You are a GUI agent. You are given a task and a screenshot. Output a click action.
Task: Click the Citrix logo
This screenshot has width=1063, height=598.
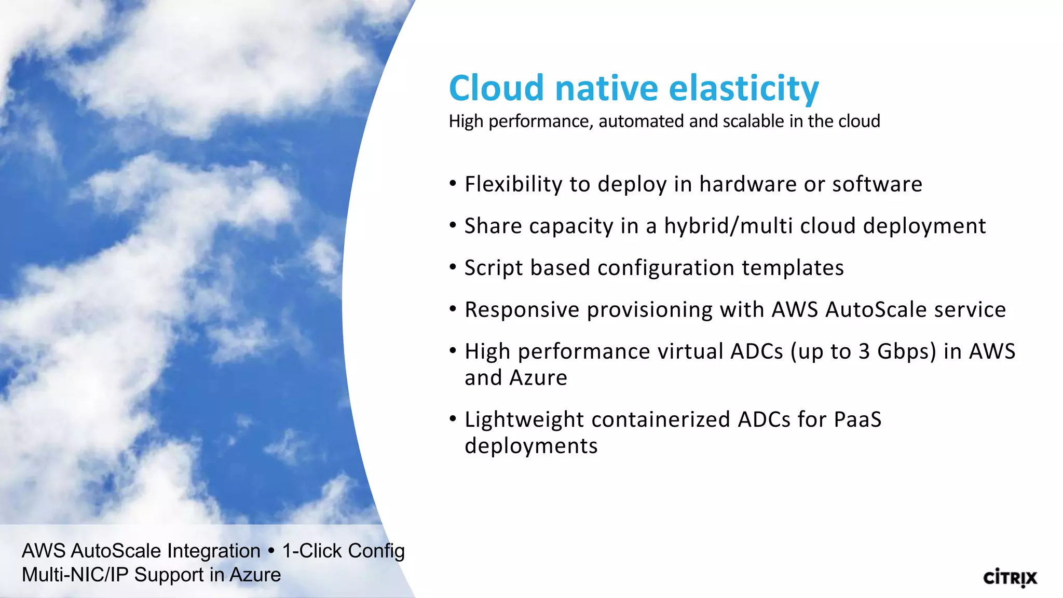click(1010, 578)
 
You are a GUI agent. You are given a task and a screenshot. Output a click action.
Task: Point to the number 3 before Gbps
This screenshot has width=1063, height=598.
click(864, 351)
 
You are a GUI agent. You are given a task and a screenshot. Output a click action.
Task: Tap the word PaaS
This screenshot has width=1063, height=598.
click(857, 419)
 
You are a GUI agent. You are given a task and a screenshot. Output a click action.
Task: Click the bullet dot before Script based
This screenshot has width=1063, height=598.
click(453, 267)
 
